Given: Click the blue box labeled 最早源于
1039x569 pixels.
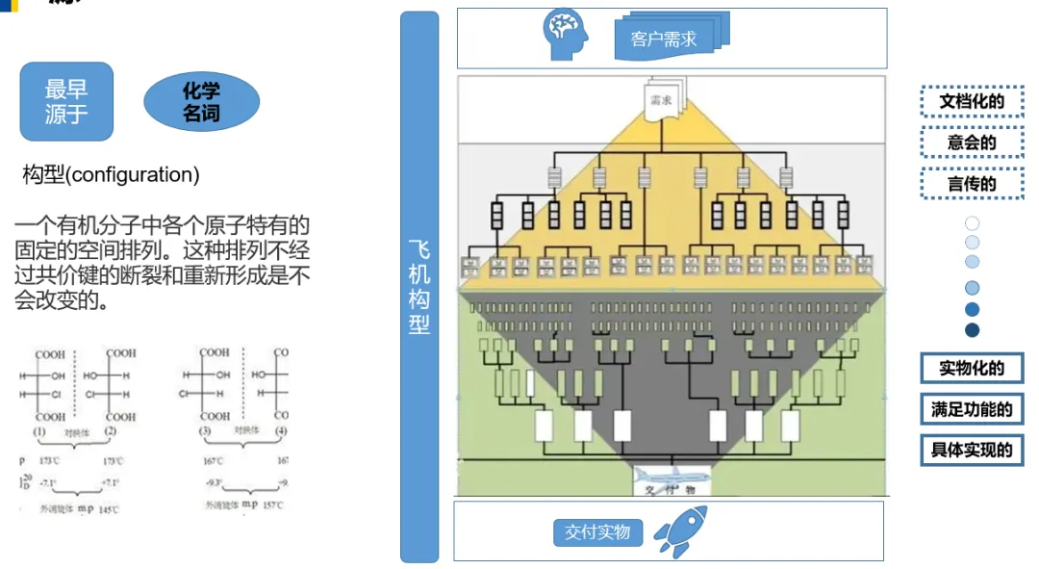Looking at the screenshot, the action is (66, 102).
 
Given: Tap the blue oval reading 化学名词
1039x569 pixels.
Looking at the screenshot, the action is (202, 102).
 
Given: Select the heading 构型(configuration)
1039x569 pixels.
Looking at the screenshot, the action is (111, 175).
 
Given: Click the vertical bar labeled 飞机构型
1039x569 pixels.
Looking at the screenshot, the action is (419, 286).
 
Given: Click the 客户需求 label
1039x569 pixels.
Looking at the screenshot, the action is (664, 39).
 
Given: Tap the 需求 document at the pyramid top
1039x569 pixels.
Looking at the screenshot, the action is (661, 100).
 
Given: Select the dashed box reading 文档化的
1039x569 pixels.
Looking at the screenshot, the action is (972, 101).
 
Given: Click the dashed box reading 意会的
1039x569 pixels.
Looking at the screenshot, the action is (972, 142).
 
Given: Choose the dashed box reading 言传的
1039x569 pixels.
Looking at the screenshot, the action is (972, 183).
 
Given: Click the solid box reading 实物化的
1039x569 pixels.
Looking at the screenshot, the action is (972, 368).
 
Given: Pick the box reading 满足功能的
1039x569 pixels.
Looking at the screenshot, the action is (972, 409).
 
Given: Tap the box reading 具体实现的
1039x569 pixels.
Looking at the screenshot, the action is (972, 450).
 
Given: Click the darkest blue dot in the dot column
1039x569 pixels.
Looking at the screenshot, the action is (972, 330).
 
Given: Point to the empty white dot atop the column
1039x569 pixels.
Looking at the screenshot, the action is (972, 223).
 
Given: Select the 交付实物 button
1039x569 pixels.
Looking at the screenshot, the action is (597, 532).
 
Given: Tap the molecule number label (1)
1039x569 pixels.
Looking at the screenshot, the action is (39, 431).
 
